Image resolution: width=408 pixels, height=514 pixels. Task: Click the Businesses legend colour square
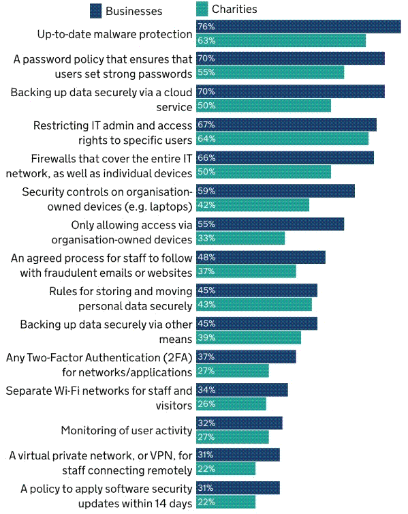(x=95, y=11)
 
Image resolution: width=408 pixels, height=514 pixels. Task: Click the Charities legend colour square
(x=202, y=9)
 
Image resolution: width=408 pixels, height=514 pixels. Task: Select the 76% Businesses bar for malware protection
(x=298, y=27)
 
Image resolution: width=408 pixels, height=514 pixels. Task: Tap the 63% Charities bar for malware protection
(x=281, y=41)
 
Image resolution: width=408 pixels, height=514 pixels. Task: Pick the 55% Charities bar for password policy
(x=270, y=72)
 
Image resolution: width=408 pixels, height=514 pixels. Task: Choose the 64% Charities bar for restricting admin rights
(x=282, y=138)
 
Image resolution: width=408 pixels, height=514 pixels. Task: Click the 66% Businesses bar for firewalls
(x=285, y=157)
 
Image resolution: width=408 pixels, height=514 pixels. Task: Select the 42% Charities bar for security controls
(x=253, y=205)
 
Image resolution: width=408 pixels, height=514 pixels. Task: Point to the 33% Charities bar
(x=240, y=239)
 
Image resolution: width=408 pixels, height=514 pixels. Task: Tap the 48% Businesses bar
(x=261, y=257)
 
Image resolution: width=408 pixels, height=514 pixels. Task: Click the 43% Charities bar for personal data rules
(x=254, y=305)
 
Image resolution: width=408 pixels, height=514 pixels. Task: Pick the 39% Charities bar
(x=249, y=337)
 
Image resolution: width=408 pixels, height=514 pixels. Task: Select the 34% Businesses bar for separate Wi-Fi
(x=242, y=390)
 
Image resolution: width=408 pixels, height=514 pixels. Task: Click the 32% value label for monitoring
(x=206, y=423)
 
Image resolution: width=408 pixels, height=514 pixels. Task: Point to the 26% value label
(x=206, y=404)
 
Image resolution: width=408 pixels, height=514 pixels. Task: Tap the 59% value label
(x=206, y=191)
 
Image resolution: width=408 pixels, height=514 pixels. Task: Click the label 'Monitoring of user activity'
(x=127, y=430)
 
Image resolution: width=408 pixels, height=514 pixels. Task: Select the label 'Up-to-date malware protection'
(x=114, y=34)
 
